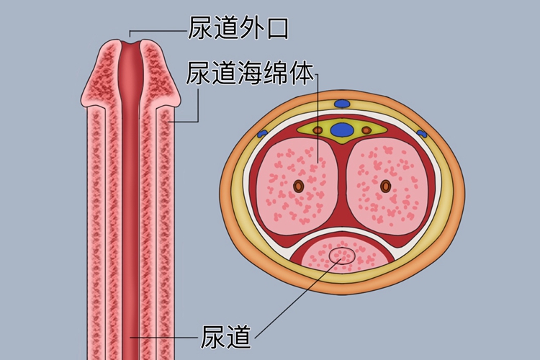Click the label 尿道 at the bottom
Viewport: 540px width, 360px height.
228,336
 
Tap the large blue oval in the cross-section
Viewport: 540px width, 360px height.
342,130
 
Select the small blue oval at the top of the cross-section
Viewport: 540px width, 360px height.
341,102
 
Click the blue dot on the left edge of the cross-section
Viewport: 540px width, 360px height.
262,134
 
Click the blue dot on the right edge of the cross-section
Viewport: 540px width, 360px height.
422,134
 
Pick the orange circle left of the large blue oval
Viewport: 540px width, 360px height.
318,130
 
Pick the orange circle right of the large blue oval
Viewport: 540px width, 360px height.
366,130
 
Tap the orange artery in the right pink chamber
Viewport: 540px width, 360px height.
385,186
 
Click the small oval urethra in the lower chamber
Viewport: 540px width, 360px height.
341,255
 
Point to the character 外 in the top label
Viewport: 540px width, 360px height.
251,29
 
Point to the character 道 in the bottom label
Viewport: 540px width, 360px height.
240,336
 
